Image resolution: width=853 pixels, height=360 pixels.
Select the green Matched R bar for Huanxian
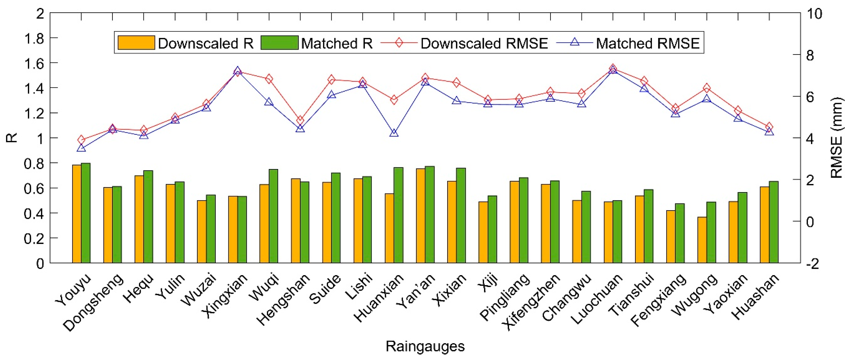pos(398,215)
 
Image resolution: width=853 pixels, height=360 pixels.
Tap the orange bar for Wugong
pos(702,240)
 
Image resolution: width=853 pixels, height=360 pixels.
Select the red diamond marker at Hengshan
pos(300,120)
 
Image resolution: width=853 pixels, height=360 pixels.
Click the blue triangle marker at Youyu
pos(81,148)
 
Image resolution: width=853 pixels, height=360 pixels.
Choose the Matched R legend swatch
pos(279,43)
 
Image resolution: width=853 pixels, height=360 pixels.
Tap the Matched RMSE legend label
pos(647,43)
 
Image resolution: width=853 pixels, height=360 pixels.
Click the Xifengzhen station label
pos(531,302)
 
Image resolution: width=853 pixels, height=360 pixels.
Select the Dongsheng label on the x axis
pos(94,302)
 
